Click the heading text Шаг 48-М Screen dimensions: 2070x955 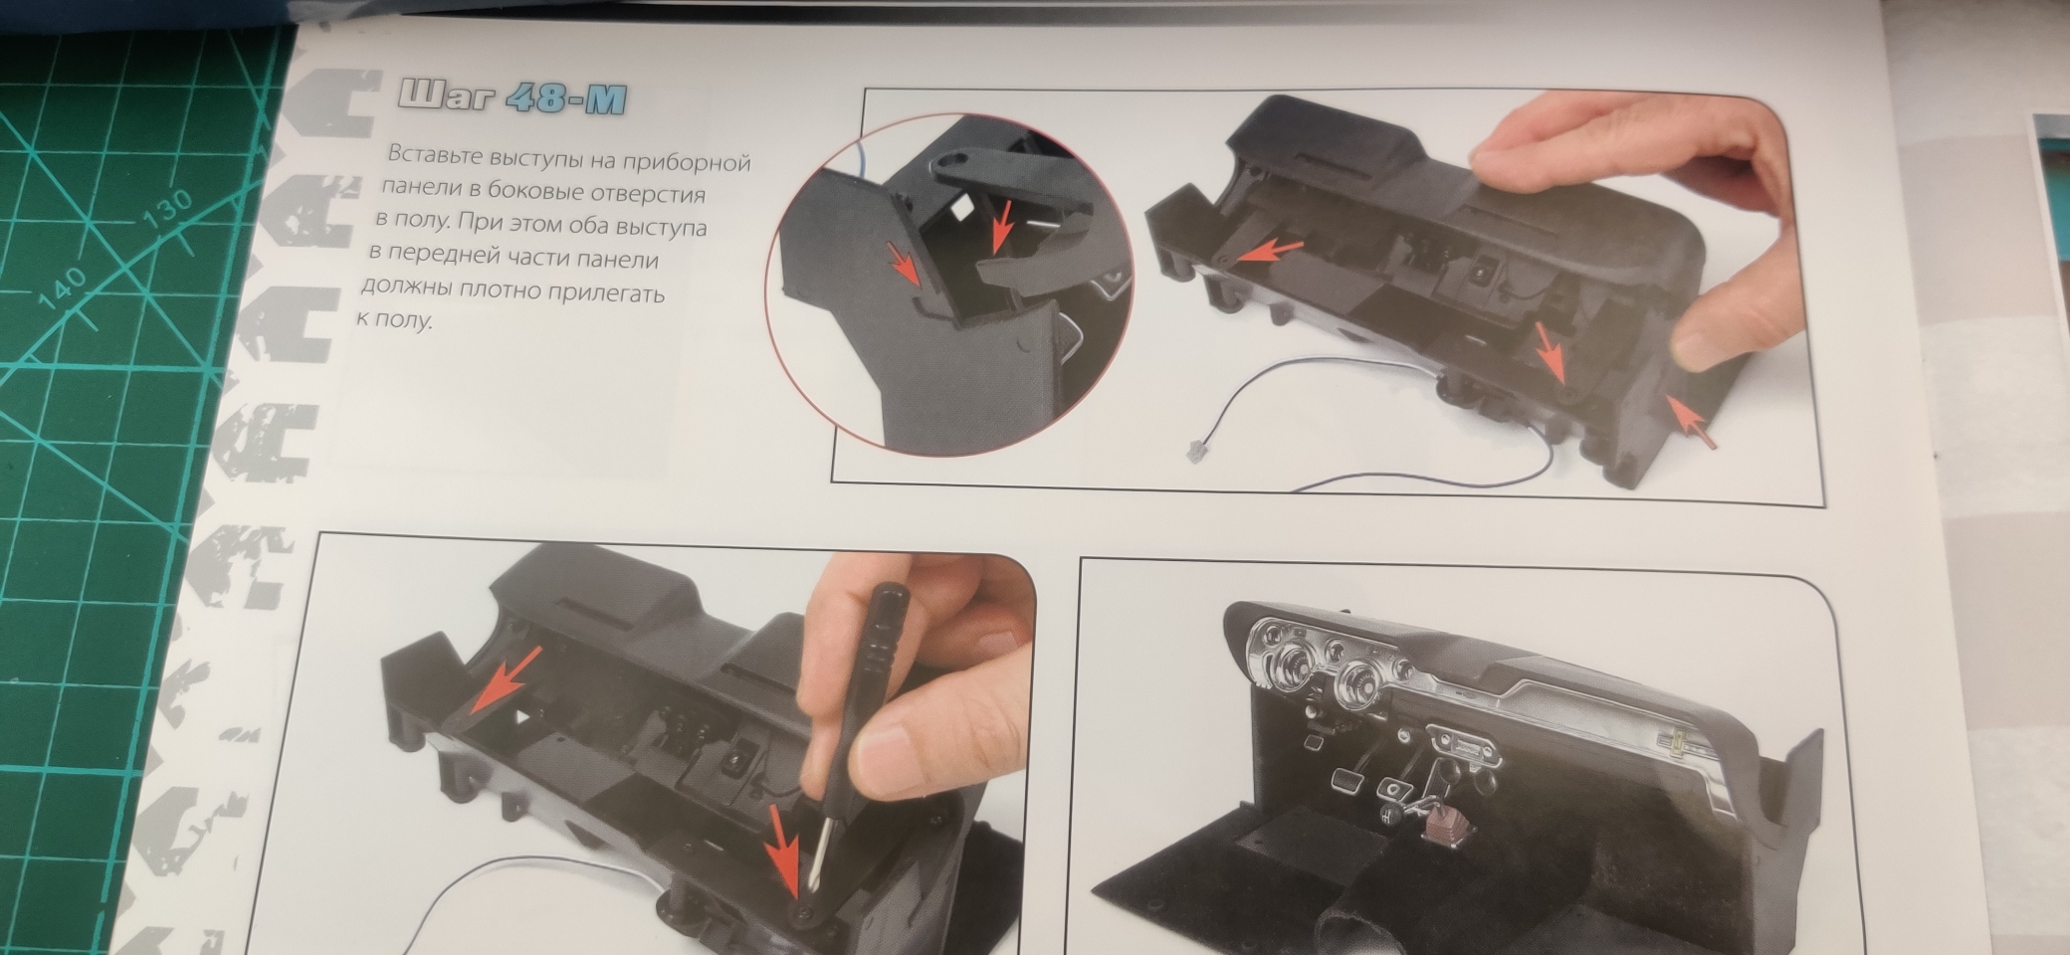point(514,98)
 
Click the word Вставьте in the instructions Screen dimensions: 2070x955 point(434,155)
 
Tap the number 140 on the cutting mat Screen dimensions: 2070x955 point(63,288)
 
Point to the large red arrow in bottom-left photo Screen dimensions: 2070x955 point(506,680)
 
